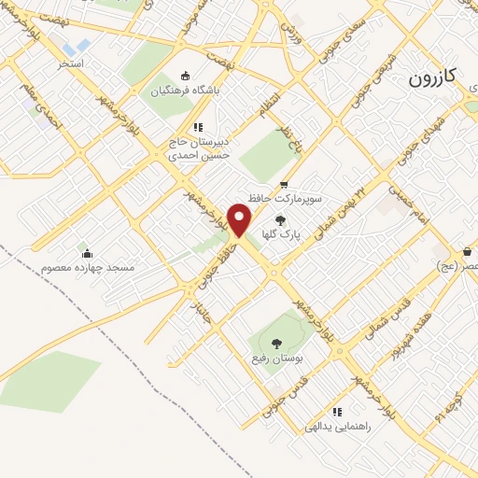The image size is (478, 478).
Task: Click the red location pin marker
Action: pos(241,219)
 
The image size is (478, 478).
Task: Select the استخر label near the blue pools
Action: pos(72,63)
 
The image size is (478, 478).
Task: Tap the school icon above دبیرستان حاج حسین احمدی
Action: pos(197,127)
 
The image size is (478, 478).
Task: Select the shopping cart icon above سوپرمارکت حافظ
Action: pos(284,185)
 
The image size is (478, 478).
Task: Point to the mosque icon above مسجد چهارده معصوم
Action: pos(87,253)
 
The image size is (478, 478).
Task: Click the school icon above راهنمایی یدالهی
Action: pos(337,412)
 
